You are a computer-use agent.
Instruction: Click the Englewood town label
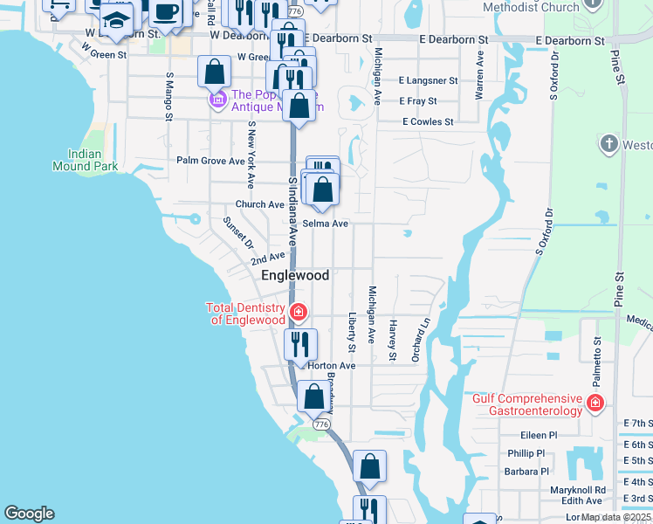click(296, 275)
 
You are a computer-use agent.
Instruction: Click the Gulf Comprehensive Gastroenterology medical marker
click(595, 403)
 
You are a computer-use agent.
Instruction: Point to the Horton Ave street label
click(332, 365)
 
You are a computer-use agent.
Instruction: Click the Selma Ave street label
click(326, 224)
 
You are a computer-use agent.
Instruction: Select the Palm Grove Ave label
click(211, 161)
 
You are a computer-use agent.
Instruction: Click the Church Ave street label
click(260, 204)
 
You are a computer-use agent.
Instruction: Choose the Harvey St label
click(393, 340)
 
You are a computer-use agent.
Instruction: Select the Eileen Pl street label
click(538, 435)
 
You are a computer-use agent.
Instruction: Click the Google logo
click(29, 514)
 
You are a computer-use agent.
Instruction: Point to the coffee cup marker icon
click(167, 12)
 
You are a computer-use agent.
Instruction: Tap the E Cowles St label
click(428, 122)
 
